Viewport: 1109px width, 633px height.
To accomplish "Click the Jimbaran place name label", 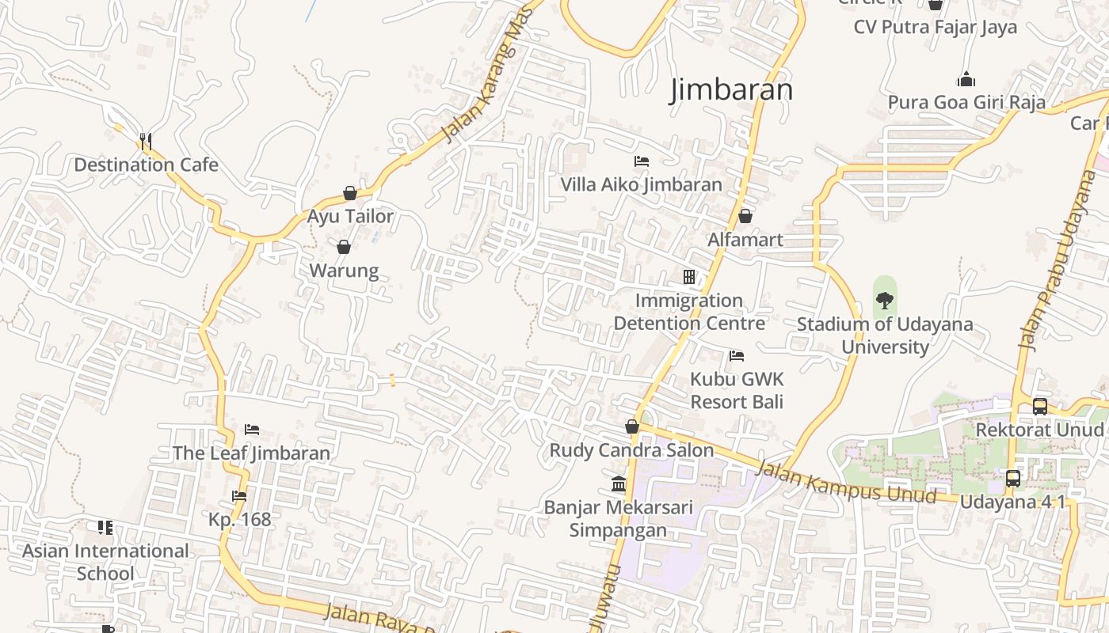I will click(x=731, y=89).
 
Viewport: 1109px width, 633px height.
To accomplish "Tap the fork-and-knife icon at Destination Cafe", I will click(x=145, y=142).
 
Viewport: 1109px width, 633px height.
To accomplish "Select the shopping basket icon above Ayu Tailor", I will click(x=349, y=193).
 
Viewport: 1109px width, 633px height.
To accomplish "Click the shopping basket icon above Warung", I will click(x=344, y=247).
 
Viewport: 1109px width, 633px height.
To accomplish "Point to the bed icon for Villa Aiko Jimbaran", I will click(x=642, y=161).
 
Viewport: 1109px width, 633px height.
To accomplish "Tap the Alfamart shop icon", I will click(x=745, y=216).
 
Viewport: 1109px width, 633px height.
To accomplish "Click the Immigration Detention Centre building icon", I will click(x=689, y=277).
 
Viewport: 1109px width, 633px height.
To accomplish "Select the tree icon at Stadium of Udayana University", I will click(x=884, y=301).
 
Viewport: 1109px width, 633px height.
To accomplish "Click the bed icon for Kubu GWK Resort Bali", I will click(x=737, y=355).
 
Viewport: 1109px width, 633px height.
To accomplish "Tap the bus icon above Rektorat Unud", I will click(x=1039, y=407).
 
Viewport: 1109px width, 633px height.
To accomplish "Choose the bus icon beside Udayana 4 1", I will click(x=1012, y=478).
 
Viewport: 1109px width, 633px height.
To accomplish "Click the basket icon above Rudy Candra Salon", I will click(x=631, y=427).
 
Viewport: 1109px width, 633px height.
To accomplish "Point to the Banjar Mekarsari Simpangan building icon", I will click(x=619, y=483).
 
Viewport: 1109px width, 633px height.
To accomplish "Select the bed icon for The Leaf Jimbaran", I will click(x=252, y=430).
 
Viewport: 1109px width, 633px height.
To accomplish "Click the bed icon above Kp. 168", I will click(x=239, y=496).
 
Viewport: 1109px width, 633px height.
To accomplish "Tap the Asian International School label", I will click(x=105, y=562).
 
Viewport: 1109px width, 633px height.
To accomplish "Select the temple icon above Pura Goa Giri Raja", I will click(x=966, y=80).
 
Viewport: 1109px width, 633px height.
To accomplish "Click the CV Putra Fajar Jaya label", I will click(x=935, y=27).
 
